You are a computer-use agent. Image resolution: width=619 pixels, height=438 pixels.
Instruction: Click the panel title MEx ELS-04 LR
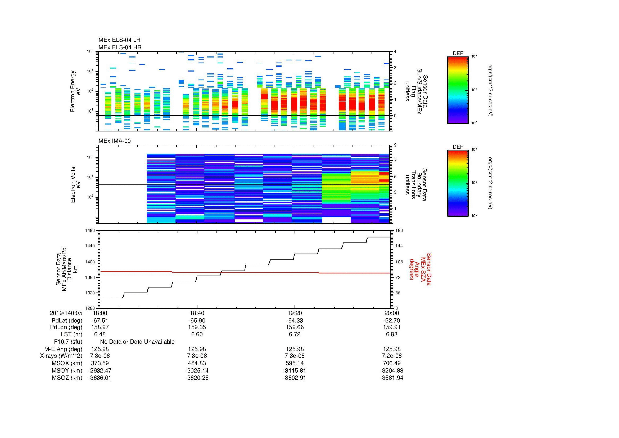coord(119,40)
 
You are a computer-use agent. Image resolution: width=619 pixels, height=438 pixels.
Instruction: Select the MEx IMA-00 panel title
coord(115,141)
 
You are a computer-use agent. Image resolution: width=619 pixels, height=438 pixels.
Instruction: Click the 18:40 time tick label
coord(197,313)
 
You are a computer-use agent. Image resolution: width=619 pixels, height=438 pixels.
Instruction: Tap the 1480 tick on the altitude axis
coord(90,231)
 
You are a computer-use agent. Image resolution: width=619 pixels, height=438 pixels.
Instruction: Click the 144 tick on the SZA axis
coord(399,246)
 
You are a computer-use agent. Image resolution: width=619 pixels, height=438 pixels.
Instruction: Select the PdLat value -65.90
coord(197,321)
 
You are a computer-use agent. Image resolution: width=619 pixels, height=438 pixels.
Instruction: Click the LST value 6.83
coord(391,334)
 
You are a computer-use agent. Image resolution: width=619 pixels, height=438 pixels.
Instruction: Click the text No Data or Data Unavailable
coord(137,342)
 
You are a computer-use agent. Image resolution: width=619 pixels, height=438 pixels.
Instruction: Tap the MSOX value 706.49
coord(391,363)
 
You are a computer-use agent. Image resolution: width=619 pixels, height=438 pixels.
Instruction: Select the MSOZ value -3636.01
coord(100,378)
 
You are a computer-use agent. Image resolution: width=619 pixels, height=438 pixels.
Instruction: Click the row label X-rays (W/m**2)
coord(61,356)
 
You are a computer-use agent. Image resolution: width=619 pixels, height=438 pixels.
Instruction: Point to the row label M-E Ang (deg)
coord(63,349)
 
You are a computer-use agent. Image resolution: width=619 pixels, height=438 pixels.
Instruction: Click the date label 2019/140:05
coord(66,313)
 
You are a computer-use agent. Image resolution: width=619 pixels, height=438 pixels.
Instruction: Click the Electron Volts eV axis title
coord(75,185)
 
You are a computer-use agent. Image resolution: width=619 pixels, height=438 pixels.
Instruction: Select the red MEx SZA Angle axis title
coord(420,269)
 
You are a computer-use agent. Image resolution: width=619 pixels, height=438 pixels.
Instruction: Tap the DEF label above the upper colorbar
coord(458,54)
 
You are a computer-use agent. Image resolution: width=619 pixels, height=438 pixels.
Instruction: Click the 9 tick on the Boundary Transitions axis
coord(395,145)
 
